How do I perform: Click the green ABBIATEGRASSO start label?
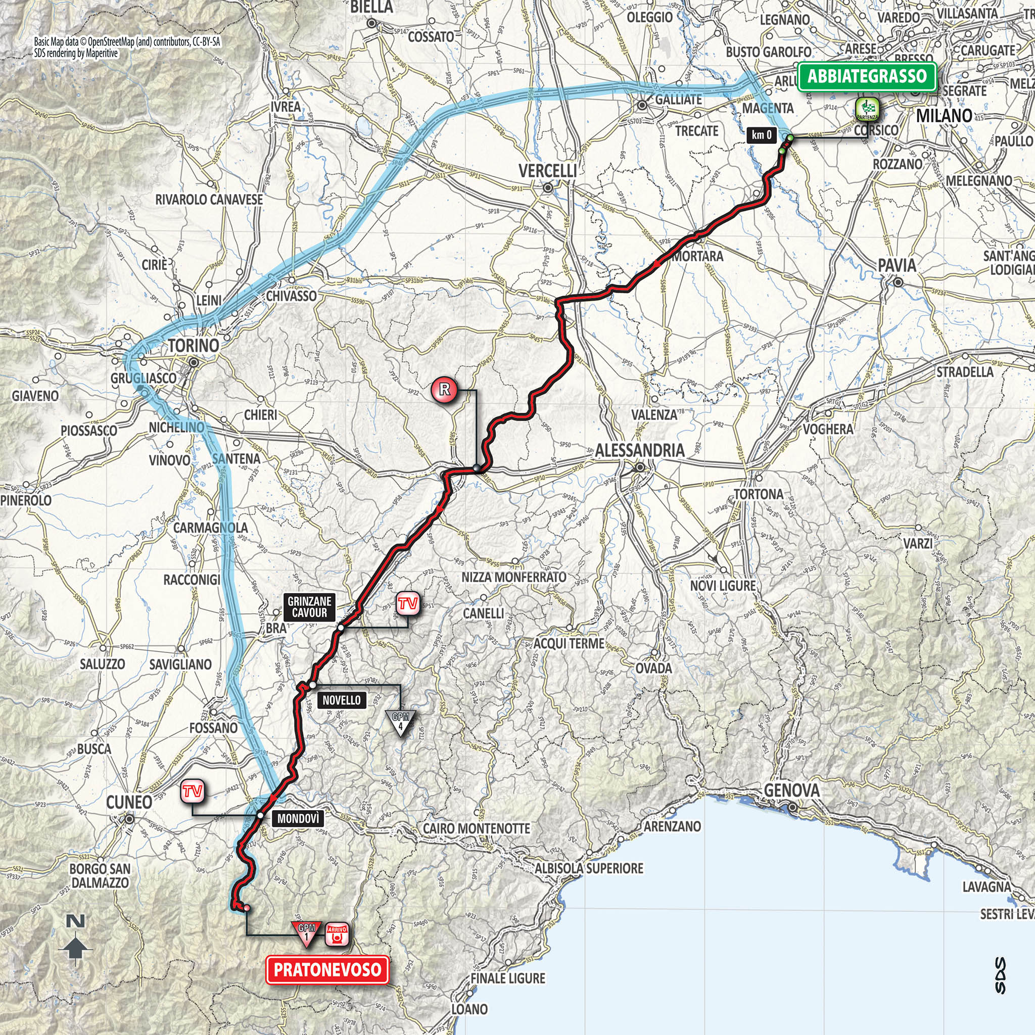click(867, 77)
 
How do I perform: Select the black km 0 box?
click(761, 135)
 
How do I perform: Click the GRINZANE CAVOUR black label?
click(309, 606)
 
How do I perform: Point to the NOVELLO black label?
click(341, 700)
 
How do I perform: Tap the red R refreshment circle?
click(444, 389)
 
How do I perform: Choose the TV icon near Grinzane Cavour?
click(407, 604)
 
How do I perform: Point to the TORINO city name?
click(194, 346)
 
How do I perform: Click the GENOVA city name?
click(792, 791)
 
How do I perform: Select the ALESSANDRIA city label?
click(640, 450)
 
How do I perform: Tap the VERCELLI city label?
click(547, 171)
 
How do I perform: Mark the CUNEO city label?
click(129, 802)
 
